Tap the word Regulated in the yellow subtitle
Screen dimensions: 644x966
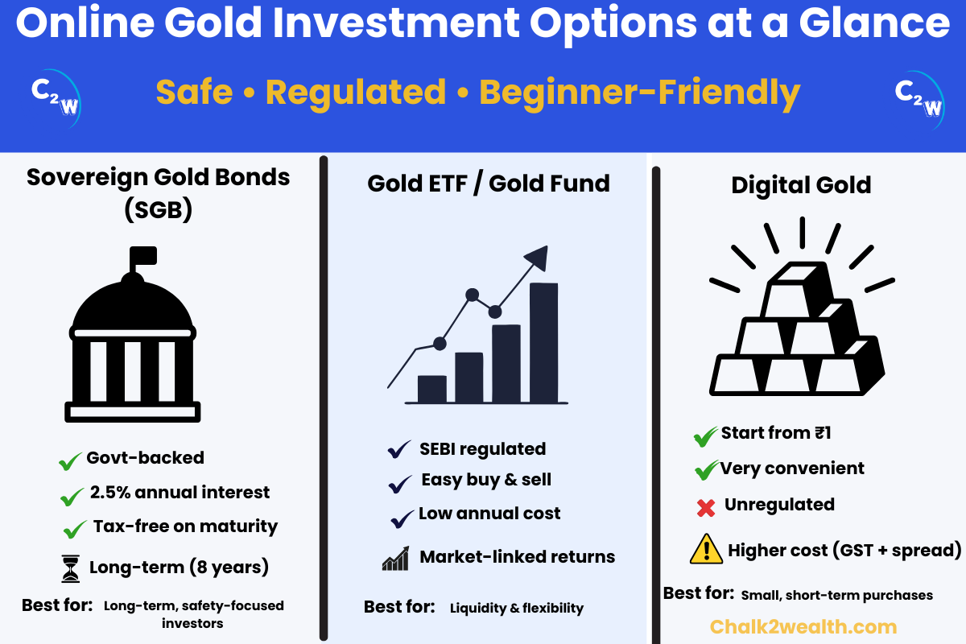[355, 92]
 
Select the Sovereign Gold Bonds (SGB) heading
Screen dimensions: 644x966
[159, 194]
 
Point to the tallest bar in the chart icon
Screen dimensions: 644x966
[543, 342]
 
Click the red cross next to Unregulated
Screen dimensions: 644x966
[706, 508]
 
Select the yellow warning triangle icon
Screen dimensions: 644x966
[706, 549]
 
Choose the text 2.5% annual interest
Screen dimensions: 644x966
[180, 492]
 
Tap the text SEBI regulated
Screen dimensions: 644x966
[482, 448]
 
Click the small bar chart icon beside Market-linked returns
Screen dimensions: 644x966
[395, 559]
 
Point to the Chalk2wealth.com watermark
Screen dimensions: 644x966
[803, 626]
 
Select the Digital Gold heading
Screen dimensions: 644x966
[801, 185]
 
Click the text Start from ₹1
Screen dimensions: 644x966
[775, 433]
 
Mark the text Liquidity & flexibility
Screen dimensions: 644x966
[516, 608]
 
